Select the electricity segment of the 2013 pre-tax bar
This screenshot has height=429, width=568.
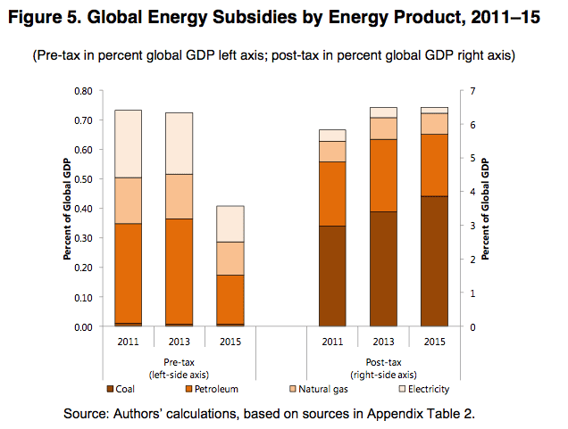coord(180,143)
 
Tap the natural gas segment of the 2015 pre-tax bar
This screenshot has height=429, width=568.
coord(230,258)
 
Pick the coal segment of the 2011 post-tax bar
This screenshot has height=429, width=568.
coord(332,276)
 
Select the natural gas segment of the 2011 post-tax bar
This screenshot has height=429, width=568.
coord(332,151)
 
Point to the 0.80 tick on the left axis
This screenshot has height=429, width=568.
coord(82,90)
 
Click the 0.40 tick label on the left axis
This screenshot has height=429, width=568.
coord(82,209)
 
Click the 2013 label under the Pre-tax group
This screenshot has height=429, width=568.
coord(180,342)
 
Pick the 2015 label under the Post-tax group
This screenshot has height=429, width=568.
coord(434,342)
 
